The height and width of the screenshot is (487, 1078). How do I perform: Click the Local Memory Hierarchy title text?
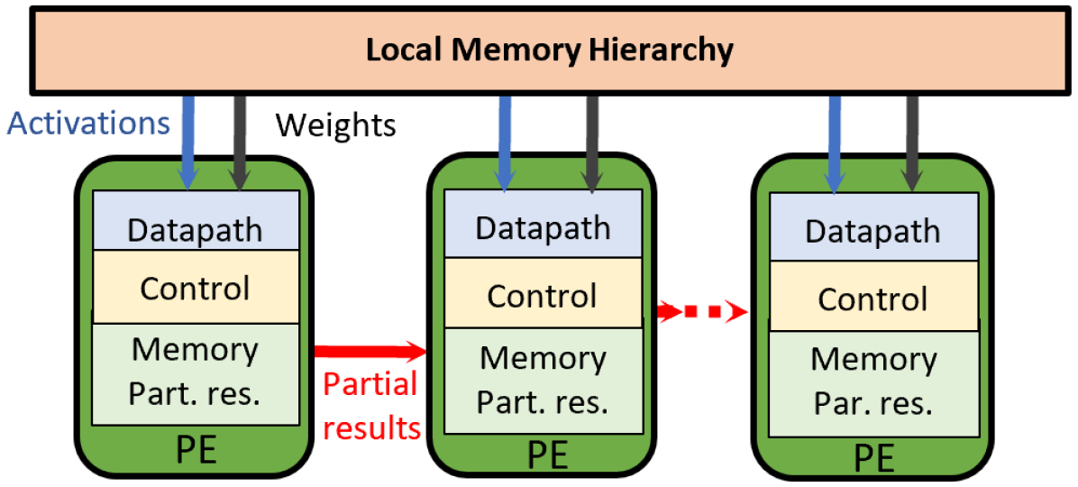pos(549,49)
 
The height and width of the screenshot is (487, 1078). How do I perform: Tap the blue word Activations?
pos(88,122)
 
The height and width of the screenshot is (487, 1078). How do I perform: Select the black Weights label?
pos(335,124)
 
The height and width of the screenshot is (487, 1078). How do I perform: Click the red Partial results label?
pos(371,405)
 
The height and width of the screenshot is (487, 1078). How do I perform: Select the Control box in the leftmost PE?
pos(195,288)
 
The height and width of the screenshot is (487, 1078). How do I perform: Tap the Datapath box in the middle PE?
pos(542,226)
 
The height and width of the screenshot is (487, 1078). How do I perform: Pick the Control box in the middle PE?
pos(542,295)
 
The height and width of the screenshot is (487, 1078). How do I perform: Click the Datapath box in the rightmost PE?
pos(872,229)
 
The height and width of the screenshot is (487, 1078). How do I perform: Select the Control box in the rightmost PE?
pos(872,299)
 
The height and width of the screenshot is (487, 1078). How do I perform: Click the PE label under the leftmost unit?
pos(195,450)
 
